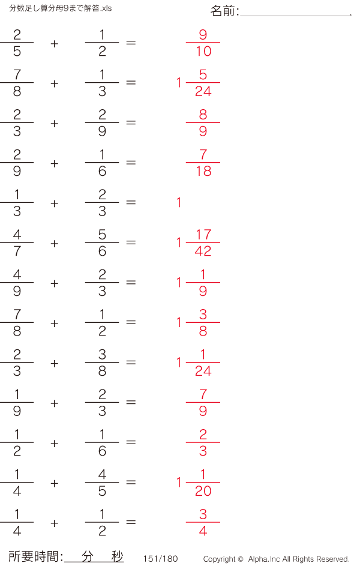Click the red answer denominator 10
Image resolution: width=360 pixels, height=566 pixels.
[x=203, y=51]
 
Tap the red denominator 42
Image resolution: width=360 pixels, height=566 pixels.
[x=203, y=251]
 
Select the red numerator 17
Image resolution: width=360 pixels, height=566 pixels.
[x=203, y=235]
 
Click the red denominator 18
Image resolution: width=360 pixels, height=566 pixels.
[x=203, y=171]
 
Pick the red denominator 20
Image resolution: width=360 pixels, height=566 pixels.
[x=203, y=491]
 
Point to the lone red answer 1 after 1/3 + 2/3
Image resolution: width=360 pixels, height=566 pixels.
[x=179, y=202]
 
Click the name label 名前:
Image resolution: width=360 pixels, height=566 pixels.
[x=224, y=11]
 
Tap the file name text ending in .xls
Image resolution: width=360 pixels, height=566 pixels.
[x=60, y=8]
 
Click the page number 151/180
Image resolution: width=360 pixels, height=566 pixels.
[x=161, y=558]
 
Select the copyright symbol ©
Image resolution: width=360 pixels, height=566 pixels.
[x=241, y=559]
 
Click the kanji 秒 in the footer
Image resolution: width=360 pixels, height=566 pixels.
[x=117, y=556]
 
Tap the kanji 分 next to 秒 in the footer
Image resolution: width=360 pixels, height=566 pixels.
[x=87, y=556]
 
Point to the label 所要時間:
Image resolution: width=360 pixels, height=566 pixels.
[x=36, y=556]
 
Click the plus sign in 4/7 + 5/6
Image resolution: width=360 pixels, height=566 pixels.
[x=55, y=244]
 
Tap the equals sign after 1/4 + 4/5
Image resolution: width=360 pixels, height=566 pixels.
[x=131, y=482]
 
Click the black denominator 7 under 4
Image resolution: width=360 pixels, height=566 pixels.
[x=17, y=251]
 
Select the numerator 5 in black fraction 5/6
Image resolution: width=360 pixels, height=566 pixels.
[x=102, y=235]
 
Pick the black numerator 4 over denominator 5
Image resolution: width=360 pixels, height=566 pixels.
[x=102, y=474]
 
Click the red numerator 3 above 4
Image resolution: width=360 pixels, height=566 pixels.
[x=203, y=514]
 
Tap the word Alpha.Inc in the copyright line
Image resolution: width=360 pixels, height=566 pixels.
[x=264, y=559]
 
